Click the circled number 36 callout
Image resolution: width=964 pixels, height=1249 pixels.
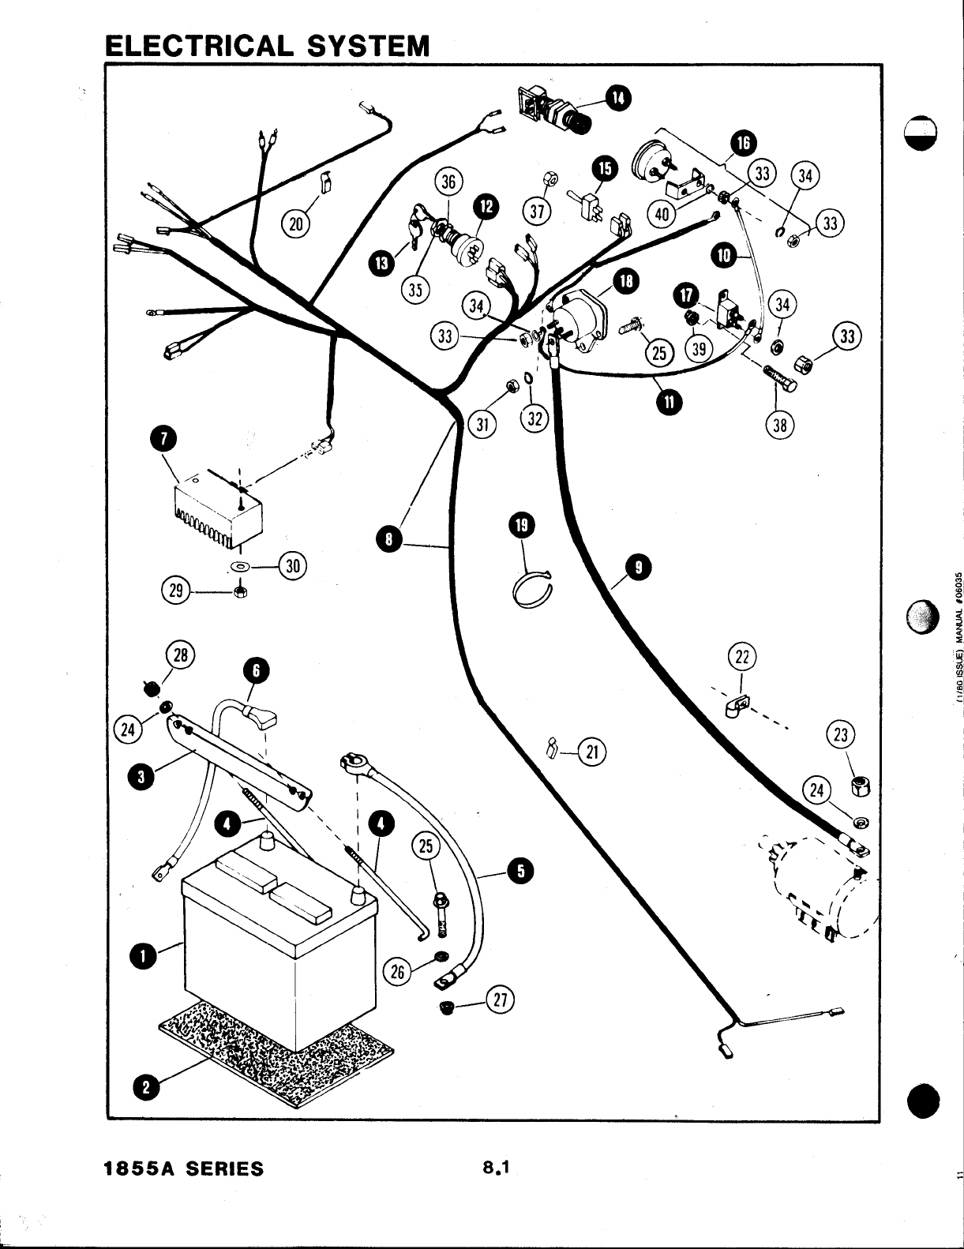tap(448, 182)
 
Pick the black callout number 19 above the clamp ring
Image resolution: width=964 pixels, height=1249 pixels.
tap(522, 525)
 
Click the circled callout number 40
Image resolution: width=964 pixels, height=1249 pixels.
tap(661, 212)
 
